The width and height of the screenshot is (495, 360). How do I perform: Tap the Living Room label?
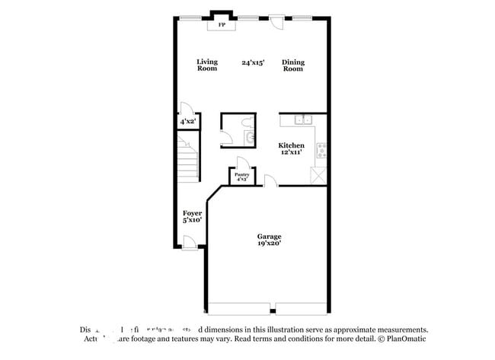tap(207, 65)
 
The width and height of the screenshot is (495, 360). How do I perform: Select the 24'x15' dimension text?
tap(253, 62)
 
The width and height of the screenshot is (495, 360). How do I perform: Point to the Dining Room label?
tap(292, 65)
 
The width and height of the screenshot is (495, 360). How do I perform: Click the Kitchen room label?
tap(291, 145)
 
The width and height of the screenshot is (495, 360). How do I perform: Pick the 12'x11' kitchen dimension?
tap(291, 152)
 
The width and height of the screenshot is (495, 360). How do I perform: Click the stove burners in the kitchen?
tap(321, 149)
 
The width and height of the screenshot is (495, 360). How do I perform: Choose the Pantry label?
tap(241, 175)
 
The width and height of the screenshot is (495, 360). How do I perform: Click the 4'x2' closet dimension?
tap(187, 122)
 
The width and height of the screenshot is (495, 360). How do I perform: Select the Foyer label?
tap(192, 213)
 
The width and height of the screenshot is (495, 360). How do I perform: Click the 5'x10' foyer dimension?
tap(192, 220)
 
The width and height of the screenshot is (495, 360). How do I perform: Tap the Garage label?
tap(269, 237)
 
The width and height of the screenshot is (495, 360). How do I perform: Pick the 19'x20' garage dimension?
tap(269, 244)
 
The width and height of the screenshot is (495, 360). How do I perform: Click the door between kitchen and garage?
tap(269, 181)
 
